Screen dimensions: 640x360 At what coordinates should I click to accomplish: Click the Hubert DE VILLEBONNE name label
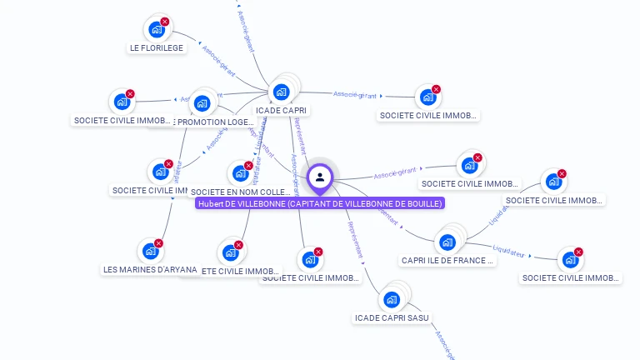pyautogui.click(x=320, y=203)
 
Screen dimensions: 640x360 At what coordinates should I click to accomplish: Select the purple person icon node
pyautogui.click(x=320, y=177)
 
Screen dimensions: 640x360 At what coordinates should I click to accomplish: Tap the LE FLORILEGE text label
pyautogui.click(x=156, y=47)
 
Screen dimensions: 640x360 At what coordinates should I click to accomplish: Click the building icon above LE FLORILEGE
pyautogui.click(x=156, y=29)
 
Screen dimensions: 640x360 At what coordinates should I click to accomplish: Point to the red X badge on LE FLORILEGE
pyautogui.click(x=165, y=22)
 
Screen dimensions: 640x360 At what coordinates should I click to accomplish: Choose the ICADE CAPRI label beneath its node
pyautogui.click(x=282, y=110)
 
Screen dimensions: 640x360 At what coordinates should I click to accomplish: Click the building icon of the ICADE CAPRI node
pyautogui.click(x=281, y=92)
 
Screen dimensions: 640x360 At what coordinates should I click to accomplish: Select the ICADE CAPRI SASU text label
pyautogui.click(x=392, y=317)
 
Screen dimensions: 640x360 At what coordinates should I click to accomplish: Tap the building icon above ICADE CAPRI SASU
pyautogui.click(x=392, y=299)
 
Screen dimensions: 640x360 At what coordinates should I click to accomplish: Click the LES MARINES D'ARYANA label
pyautogui.click(x=151, y=269)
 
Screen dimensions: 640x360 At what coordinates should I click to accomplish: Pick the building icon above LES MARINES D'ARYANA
pyautogui.click(x=150, y=251)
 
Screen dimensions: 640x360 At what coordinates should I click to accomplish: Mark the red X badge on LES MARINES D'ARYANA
pyautogui.click(x=159, y=243)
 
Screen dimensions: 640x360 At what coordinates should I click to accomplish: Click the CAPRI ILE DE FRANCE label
pyautogui.click(x=447, y=260)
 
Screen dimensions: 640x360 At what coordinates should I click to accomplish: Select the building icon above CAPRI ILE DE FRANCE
pyautogui.click(x=447, y=242)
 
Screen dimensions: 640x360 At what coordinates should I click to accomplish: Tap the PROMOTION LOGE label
pyautogui.click(x=216, y=122)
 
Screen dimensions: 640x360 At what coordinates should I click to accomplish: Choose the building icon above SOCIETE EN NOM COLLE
pyautogui.click(x=240, y=174)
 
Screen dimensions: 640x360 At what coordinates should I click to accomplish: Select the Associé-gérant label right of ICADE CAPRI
pyautogui.click(x=356, y=94)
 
